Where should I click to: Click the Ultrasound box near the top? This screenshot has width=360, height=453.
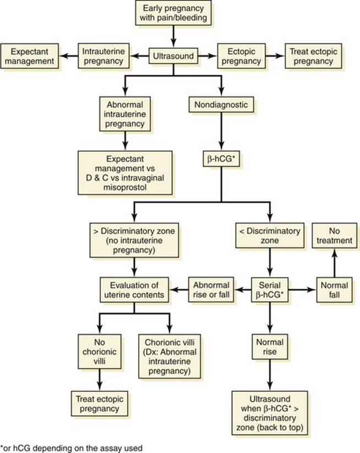[x=173, y=56]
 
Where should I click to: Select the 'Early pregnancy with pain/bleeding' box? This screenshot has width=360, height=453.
[x=173, y=13]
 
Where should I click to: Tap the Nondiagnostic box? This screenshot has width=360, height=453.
[x=221, y=105]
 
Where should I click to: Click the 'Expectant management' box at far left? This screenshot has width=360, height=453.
[x=30, y=56]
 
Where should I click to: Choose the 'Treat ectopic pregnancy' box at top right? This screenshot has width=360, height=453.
[x=313, y=56]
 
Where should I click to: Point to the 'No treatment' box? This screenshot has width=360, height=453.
[x=334, y=236]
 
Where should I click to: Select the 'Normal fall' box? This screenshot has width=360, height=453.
[x=334, y=290]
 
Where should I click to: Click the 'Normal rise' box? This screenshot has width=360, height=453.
[x=270, y=347]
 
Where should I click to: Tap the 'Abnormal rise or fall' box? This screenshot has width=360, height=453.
[x=211, y=290]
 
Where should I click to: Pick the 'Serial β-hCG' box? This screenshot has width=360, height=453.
[x=270, y=290]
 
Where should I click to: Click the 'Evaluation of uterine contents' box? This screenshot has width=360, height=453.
[x=134, y=290]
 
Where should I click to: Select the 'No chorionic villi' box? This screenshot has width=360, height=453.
[x=100, y=352]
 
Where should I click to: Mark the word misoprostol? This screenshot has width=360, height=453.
[x=125, y=187]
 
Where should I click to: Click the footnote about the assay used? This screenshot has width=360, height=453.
[x=72, y=448]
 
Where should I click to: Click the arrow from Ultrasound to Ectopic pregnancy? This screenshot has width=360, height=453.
[x=208, y=56]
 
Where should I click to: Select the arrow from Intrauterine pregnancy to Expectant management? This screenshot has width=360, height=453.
[x=68, y=56]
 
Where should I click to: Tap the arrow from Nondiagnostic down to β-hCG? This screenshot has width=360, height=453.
[x=221, y=132]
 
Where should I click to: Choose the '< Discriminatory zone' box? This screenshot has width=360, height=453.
[x=270, y=236]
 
